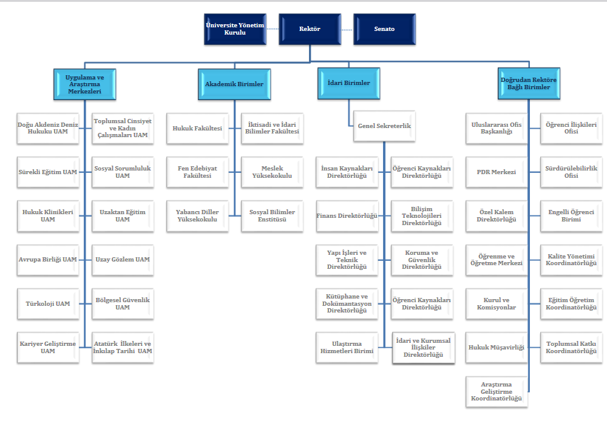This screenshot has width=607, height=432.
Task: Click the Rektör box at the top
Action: click(x=310, y=29)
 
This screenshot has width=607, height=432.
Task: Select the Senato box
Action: click(x=384, y=29)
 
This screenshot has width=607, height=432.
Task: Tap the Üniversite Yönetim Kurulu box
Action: click(x=235, y=29)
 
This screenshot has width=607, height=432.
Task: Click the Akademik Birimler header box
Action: click(x=234, y=84)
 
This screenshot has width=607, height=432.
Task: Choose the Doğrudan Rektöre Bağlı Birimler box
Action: click(x=528, y=83)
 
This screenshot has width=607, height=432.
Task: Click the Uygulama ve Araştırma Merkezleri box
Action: click(x=84, y=83)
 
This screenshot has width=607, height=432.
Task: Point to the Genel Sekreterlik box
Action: click(x=384, y=126)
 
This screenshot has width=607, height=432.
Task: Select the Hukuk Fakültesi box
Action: click(x=197, y=129)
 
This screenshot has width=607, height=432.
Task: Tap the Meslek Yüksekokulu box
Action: click(x=272, y=172)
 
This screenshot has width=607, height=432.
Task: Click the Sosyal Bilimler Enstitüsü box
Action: click(x=272, y=216)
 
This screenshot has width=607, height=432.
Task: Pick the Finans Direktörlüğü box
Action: click(x=347, y=215)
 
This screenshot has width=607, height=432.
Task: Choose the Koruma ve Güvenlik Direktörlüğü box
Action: click(x=421, y=260)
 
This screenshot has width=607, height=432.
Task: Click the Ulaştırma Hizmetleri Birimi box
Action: click(x=347, y=347)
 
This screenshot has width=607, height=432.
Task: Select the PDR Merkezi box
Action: click(x=497, y=172)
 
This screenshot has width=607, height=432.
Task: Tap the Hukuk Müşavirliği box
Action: click(x=497, y=347)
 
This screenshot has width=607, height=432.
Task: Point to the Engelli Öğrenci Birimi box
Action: click(x=571, y=215)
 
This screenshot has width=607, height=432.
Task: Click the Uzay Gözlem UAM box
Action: click(x=123, y=260)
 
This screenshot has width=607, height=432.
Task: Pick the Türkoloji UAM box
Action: click(x=48, y=303)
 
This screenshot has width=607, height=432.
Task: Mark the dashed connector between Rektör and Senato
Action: click(x=347, y=29)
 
